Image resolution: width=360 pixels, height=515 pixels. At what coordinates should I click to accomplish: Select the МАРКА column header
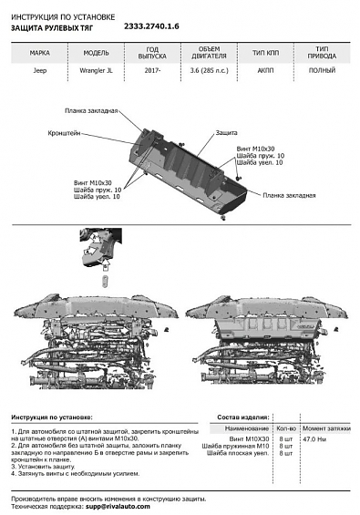coord(40,53)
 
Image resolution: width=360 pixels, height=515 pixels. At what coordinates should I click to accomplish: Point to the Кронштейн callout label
coord(66,132)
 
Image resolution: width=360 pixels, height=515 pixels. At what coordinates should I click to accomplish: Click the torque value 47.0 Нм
coord(315,439)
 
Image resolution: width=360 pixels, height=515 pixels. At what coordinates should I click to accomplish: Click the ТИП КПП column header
coord(264,53)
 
